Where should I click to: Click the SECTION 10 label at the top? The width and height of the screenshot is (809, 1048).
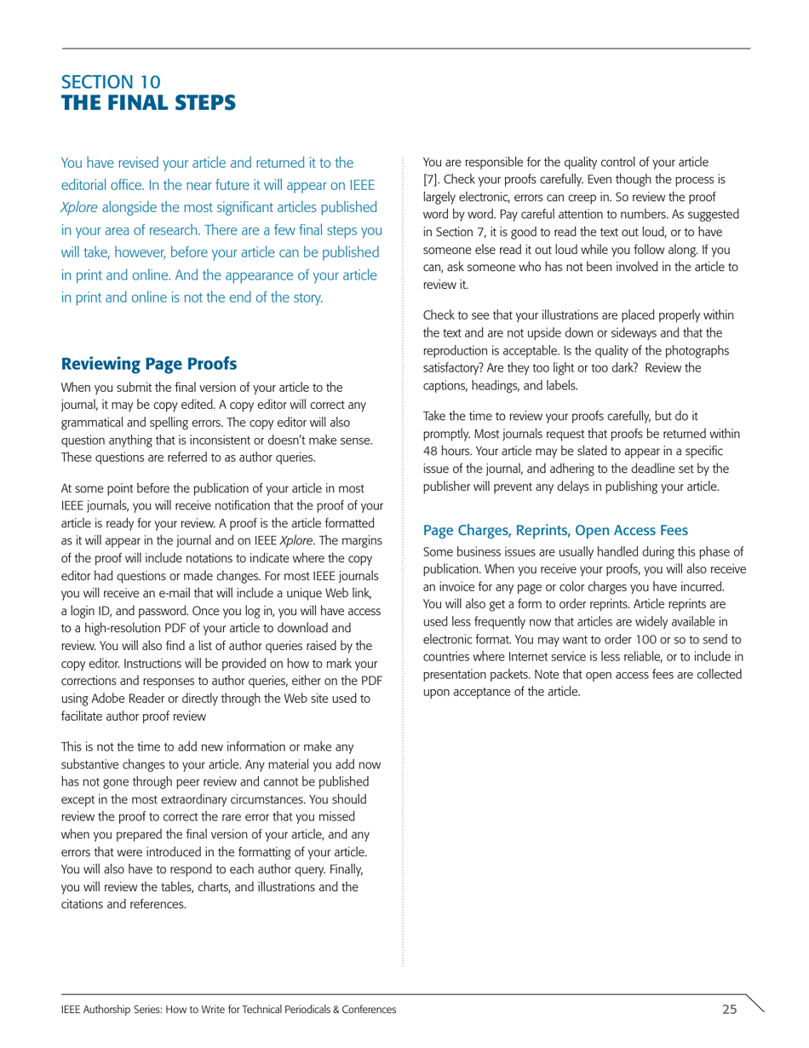[110, 83]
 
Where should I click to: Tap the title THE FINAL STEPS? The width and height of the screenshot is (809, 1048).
[148, 103]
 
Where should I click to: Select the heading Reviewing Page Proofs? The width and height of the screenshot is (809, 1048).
[149, 364]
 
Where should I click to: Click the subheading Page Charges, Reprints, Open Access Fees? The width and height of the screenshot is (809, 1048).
[555, 530]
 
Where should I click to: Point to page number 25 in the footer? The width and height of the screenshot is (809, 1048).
[729, 1010]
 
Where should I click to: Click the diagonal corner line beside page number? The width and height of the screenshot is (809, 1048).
[752, 1003]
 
